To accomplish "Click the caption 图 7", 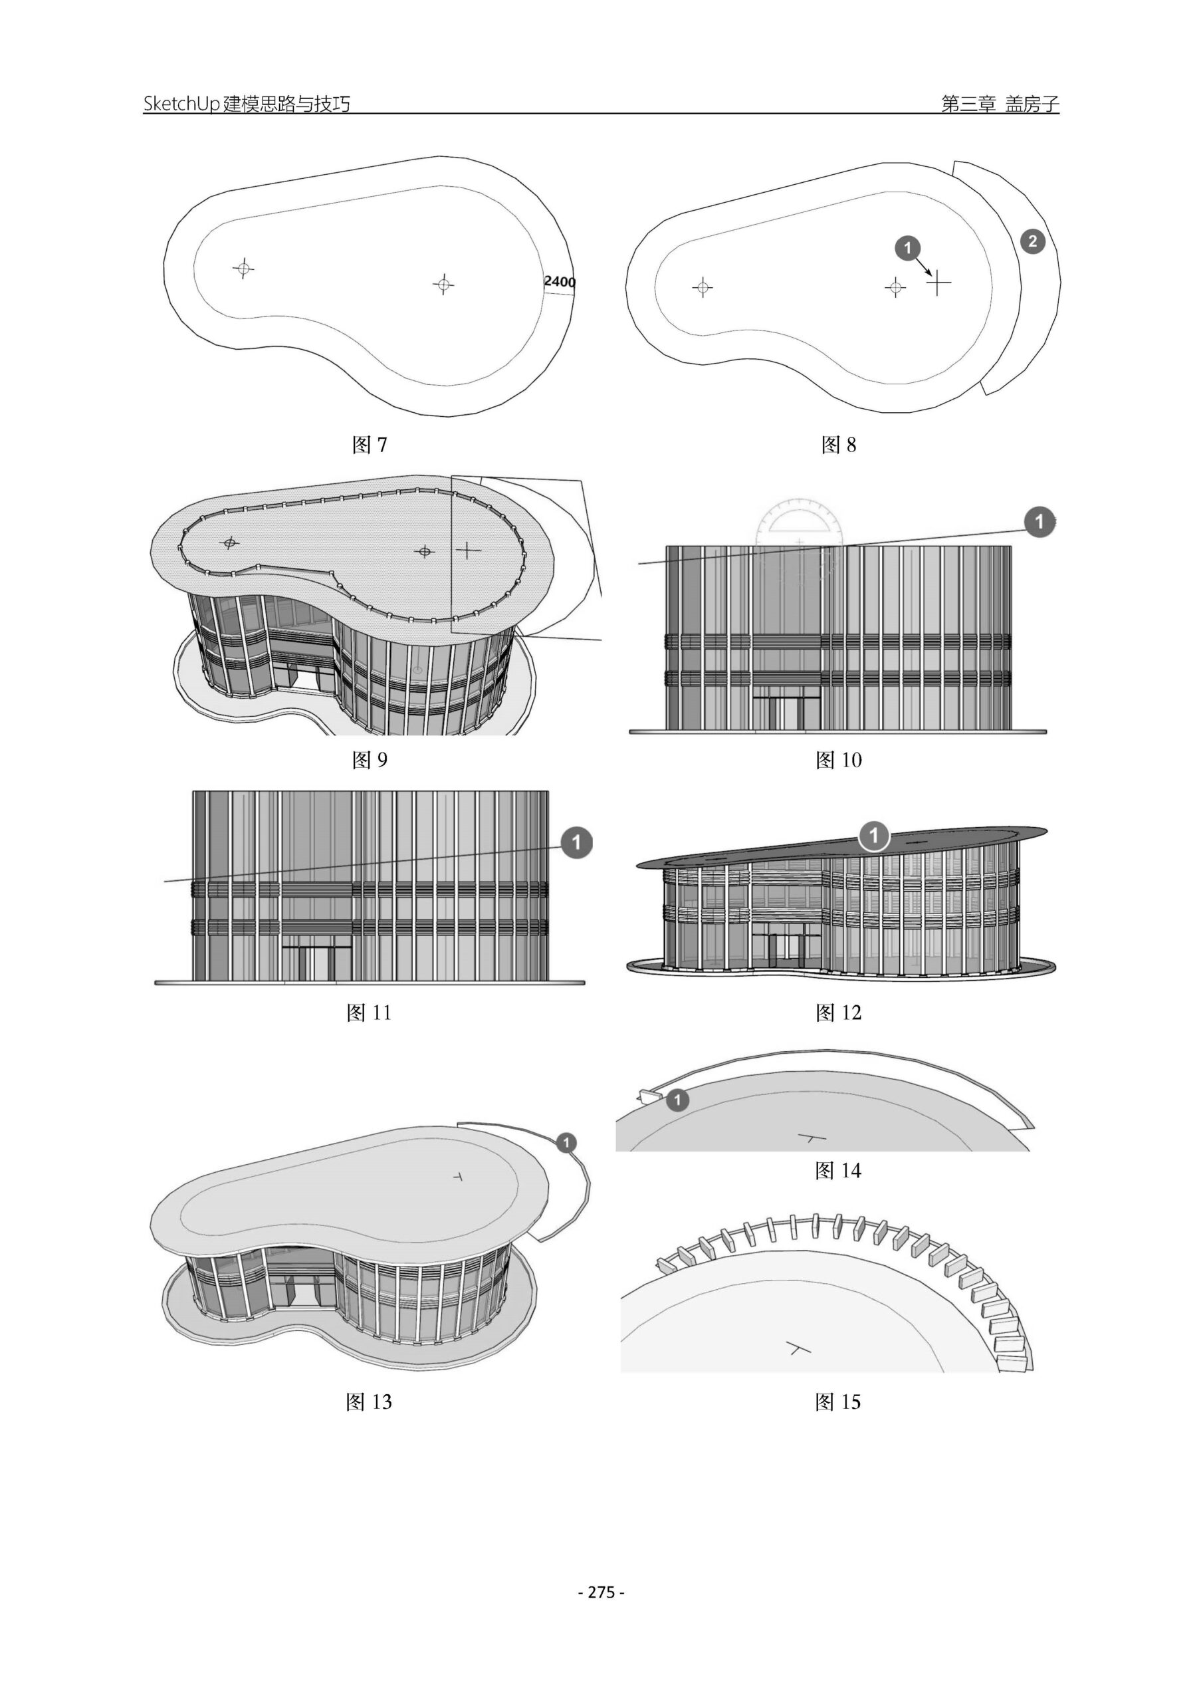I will (x=369, y=445).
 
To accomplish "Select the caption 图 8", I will (x=838, y=445).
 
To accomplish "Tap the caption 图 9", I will (x=369, y=760).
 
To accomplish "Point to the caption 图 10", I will (x=838, y=760).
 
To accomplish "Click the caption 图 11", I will (x=368, y=1013).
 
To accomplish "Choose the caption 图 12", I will (x=838, y=1013).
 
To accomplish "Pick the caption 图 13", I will (x=368, y=1401).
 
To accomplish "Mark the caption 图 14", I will (x=838, y=1171).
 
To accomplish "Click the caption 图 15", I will (x=838, y=1401).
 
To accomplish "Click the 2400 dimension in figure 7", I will (x=559, y=282).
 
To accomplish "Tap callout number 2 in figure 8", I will (x=1032, y=241).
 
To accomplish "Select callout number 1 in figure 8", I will (x=908, y=247).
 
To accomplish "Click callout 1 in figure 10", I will (x=1039, y=522).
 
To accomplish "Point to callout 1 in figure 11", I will (x=577, y=842).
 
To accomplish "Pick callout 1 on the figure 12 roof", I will (x=874, y=836).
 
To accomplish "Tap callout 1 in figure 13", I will (x=566, y=1142).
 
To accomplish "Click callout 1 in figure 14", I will (x=677, y=1100).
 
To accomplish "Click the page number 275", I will (x=601, y=1592).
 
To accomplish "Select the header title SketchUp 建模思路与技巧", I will (x=247, y=104).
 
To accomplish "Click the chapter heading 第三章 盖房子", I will (x=1000, y=104).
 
